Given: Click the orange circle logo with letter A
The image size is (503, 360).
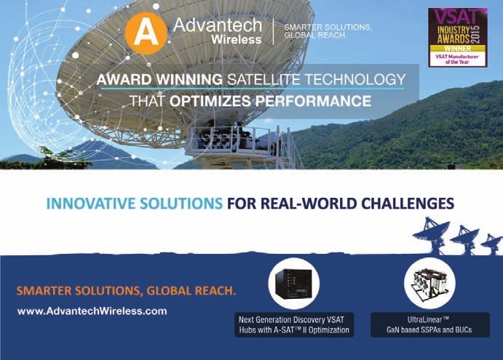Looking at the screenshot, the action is pyautogui.click(x=146, y=33).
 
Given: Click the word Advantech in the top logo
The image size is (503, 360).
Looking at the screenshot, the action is pyautogui.click(x=218, y=25).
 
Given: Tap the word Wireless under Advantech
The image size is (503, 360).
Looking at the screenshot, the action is pyautogui.click(x=237, y=39).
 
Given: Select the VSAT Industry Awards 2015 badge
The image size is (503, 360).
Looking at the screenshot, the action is pyautogui.click(x=458, y=38).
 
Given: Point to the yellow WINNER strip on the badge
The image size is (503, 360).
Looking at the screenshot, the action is pyautogui.click(x=458, y=49).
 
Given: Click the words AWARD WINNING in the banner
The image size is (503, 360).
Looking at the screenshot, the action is pyautogui.click(x=159, y=79).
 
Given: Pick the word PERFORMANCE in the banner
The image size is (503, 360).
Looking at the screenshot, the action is pyautogui.click(x=313, y=101).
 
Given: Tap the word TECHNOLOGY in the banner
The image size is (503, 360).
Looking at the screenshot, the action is pyautogui.click(x=355, y=79).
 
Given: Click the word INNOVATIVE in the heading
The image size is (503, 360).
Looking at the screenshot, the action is pyautogui.click(x=91, y=204).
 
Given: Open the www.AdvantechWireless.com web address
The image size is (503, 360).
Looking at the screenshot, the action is pyautogui.click(x=92, y=311).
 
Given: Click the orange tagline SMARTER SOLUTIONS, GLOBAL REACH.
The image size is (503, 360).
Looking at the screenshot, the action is pyautogui.click(x=126, y=291).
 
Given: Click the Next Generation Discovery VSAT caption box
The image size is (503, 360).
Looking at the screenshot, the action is pyautogui.click(x=294, y=325).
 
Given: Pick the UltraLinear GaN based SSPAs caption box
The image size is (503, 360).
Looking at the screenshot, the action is pyautogui.click(x=430, y=325).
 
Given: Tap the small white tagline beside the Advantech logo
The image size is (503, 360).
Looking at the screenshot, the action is pyautogui.click(x=328, y=31).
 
